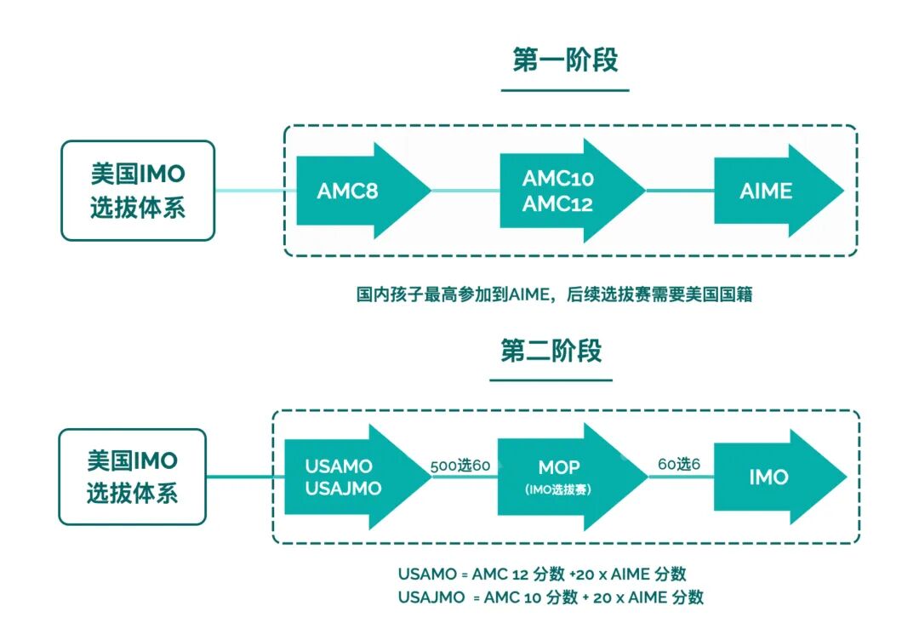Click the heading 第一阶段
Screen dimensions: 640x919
(565, 60)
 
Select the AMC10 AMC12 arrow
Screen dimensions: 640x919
(562, 191)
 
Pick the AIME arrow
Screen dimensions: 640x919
(770, 191)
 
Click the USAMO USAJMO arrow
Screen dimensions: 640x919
(349, 477)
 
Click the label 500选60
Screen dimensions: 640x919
(460, 466)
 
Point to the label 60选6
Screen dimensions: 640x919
(678, 466)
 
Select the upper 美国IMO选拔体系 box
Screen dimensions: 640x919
(138, 191)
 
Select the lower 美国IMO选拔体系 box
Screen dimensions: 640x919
(132, 477)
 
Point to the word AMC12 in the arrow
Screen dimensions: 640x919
(558, 204)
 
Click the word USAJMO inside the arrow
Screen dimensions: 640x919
(344, 489)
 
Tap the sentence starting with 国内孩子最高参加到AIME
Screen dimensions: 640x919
(554, 295)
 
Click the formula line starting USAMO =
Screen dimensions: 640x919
(542, 574)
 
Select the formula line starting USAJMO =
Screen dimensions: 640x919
(551, 597)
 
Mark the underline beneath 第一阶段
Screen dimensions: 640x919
(565, 89)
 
